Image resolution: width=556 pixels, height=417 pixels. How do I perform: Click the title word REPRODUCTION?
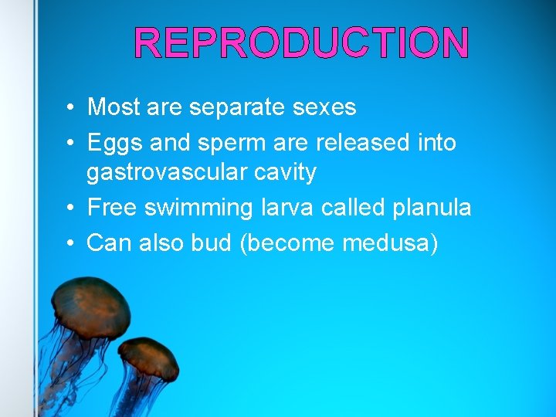point(301,42)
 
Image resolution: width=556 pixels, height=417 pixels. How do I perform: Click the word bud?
point(212,242)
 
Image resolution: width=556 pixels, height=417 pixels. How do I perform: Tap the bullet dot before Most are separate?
point(69,107)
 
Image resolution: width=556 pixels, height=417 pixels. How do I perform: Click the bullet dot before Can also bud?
point(69,243)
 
